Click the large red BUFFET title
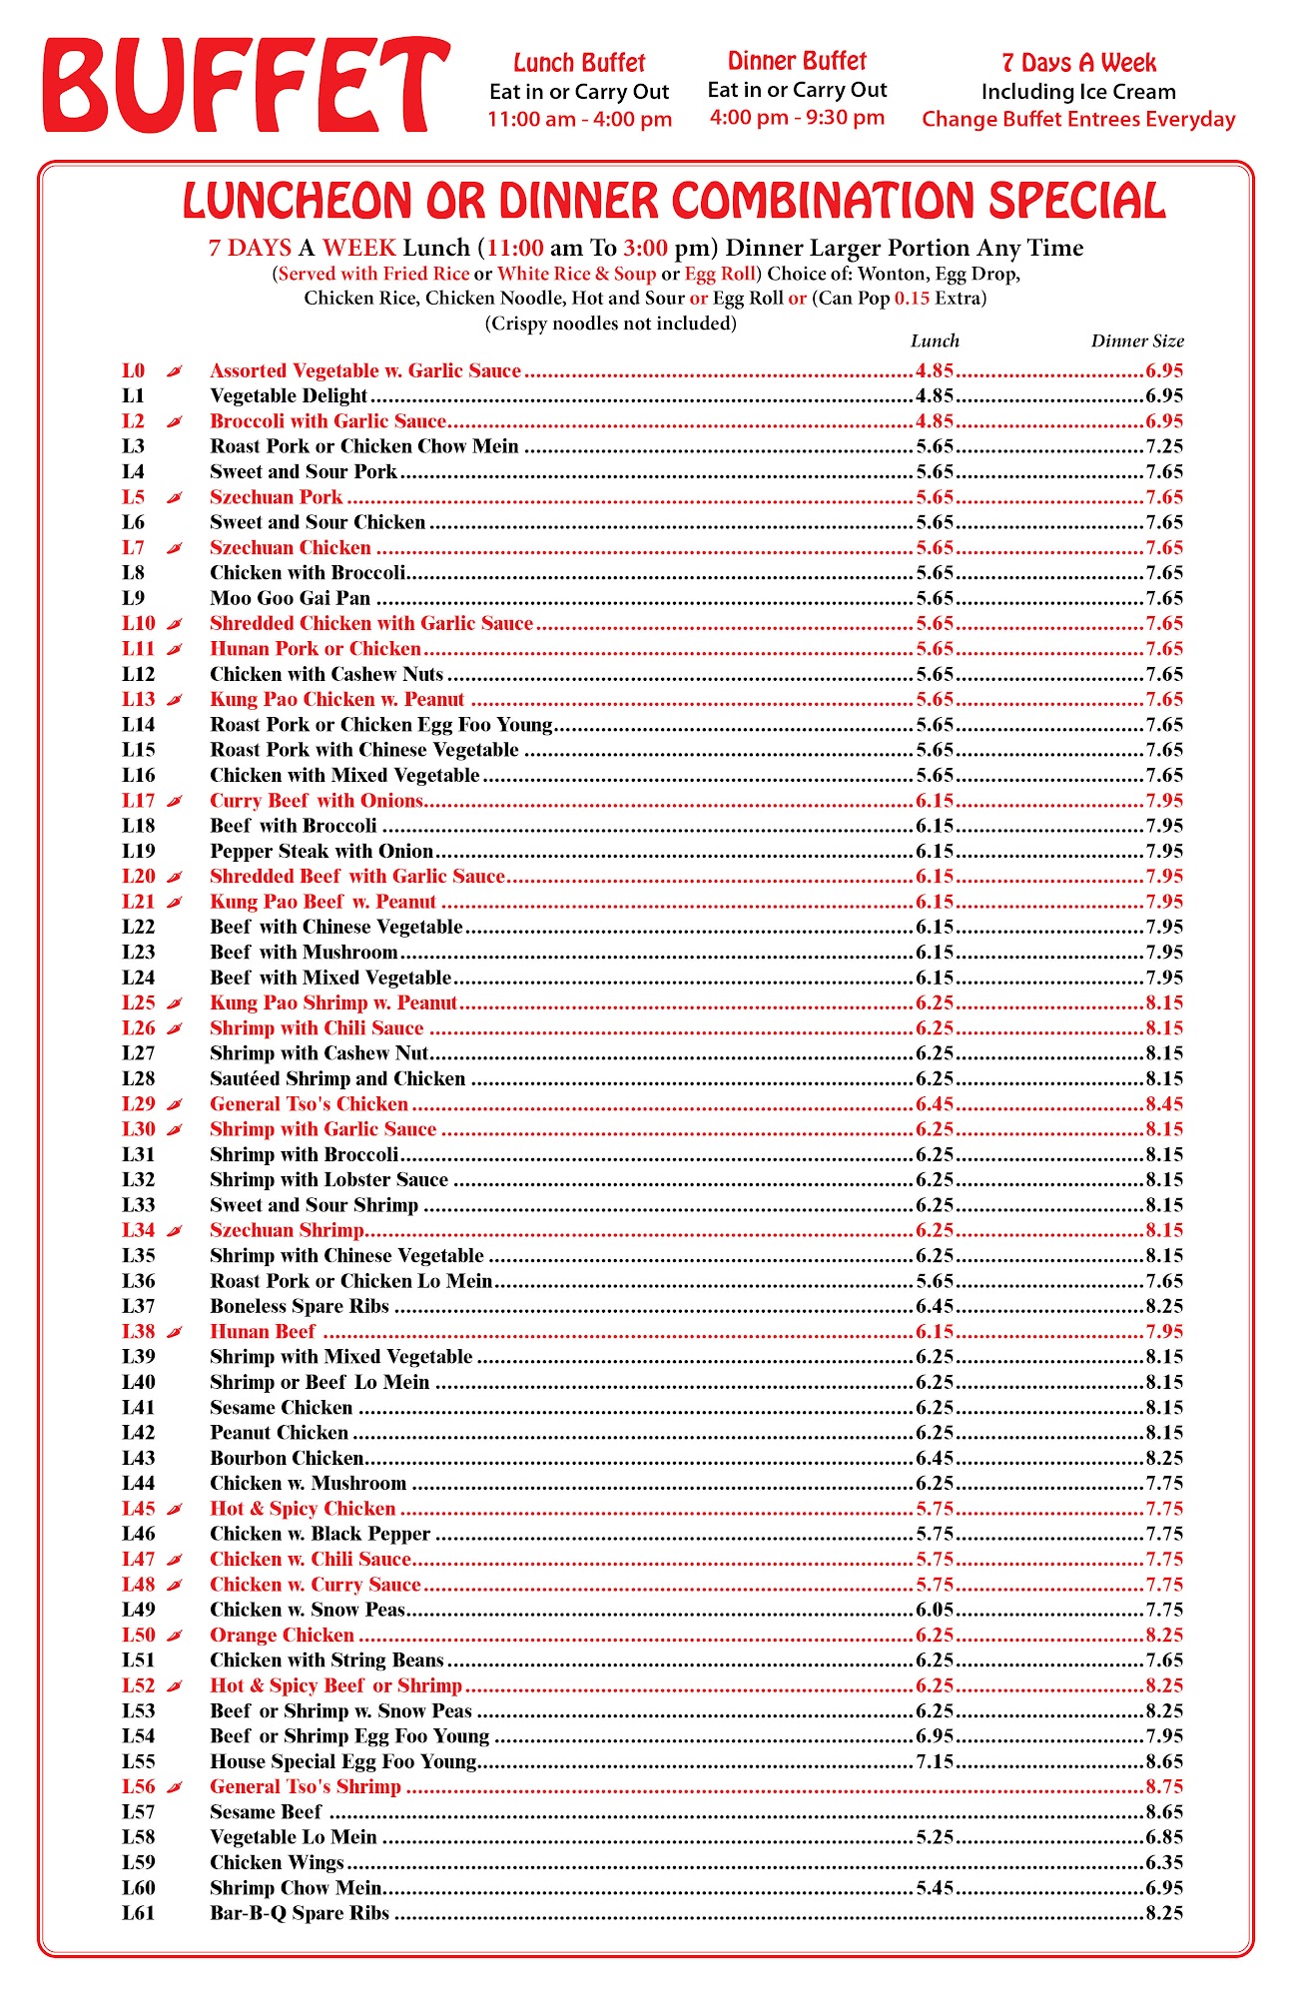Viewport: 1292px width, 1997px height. click(x=246, y=86)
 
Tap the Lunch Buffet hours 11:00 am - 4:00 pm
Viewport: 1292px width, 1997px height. click(x=579, y=120)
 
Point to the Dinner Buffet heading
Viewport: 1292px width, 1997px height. click(x=797, y=62)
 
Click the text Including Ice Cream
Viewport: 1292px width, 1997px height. click(x=1078, y=92)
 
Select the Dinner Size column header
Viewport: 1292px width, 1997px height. click(x=1137, y=341)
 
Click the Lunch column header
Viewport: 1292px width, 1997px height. click(x=935, y=341)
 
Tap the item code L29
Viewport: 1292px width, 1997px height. click(x=139, y=1104)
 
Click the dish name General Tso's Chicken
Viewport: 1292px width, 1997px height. click(x=309, y=1104)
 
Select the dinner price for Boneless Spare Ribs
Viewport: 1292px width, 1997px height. click(x=1164, y=1307)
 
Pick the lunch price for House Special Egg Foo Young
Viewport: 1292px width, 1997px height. click(x=936, y=1762)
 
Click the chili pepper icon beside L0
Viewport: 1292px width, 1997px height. click(x=175, y=371)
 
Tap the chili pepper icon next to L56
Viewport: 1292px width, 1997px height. click(x=175, y=1787)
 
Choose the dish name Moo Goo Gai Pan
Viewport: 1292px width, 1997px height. click(x=290, y=599)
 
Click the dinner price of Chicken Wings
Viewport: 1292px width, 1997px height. click(x=1164, y=1863)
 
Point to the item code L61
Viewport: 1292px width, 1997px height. click(x=139, y=1914)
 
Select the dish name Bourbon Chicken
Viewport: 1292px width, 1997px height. click(x=287, y=1459)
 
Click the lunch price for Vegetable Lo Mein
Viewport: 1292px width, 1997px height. click(x=936, y=1838)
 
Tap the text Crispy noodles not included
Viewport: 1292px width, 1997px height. click(x=610, y=324)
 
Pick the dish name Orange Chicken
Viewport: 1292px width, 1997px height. click(x=282, y=1636)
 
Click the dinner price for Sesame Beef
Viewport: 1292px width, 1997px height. click(x=1164, y=1812)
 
